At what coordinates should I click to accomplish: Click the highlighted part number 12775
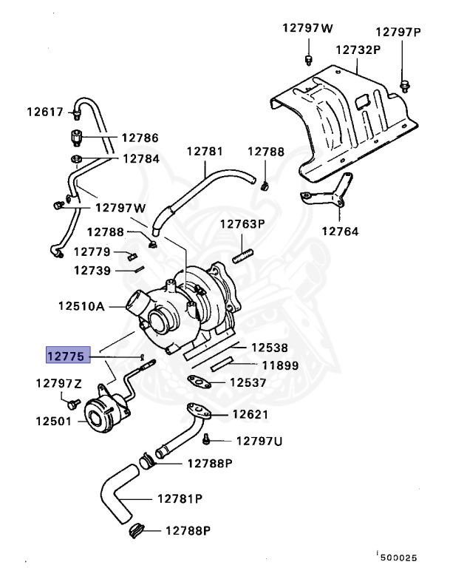[68, 356]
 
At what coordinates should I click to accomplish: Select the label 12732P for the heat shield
[358, 50]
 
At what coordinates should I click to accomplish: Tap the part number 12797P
[398, 33]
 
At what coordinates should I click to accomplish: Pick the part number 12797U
[259, 441]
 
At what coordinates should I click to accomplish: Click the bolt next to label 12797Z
[72, 403]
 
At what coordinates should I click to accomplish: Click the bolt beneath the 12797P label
[404, 84]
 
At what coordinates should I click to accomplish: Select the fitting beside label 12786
[76, 138]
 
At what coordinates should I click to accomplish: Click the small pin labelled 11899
[222, 363]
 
